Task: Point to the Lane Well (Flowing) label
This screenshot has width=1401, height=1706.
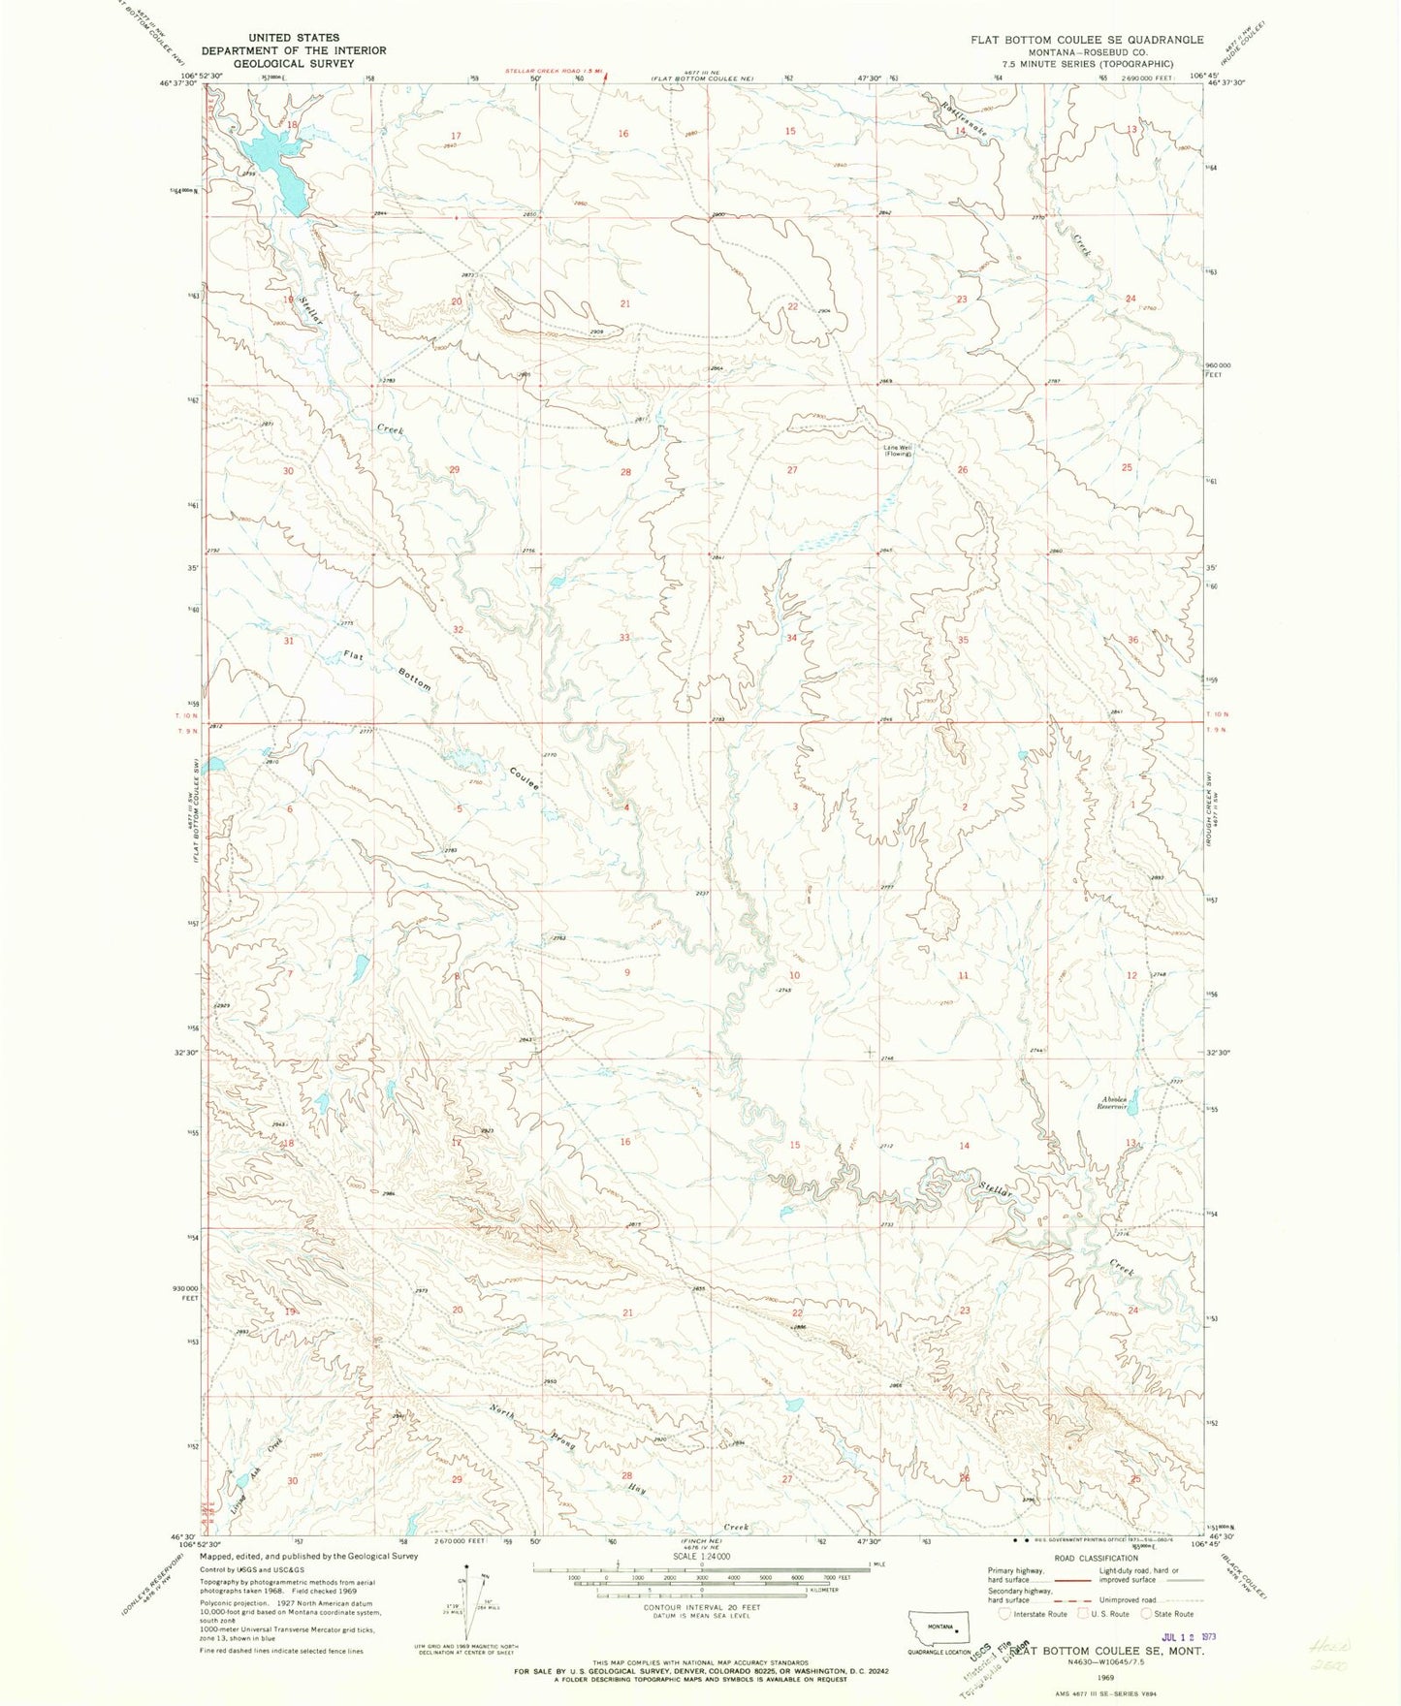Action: click(x=897, y=450)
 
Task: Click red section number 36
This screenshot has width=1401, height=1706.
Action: click(x=1132, y=639)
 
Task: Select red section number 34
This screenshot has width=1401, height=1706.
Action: click(x=792, y=638)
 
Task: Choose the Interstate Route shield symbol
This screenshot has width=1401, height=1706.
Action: click(x=1005, y=1614)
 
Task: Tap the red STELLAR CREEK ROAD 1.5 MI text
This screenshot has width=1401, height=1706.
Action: click(x=554, y=71)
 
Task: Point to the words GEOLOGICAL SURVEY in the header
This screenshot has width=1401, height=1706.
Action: click(x=293, y=63)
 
